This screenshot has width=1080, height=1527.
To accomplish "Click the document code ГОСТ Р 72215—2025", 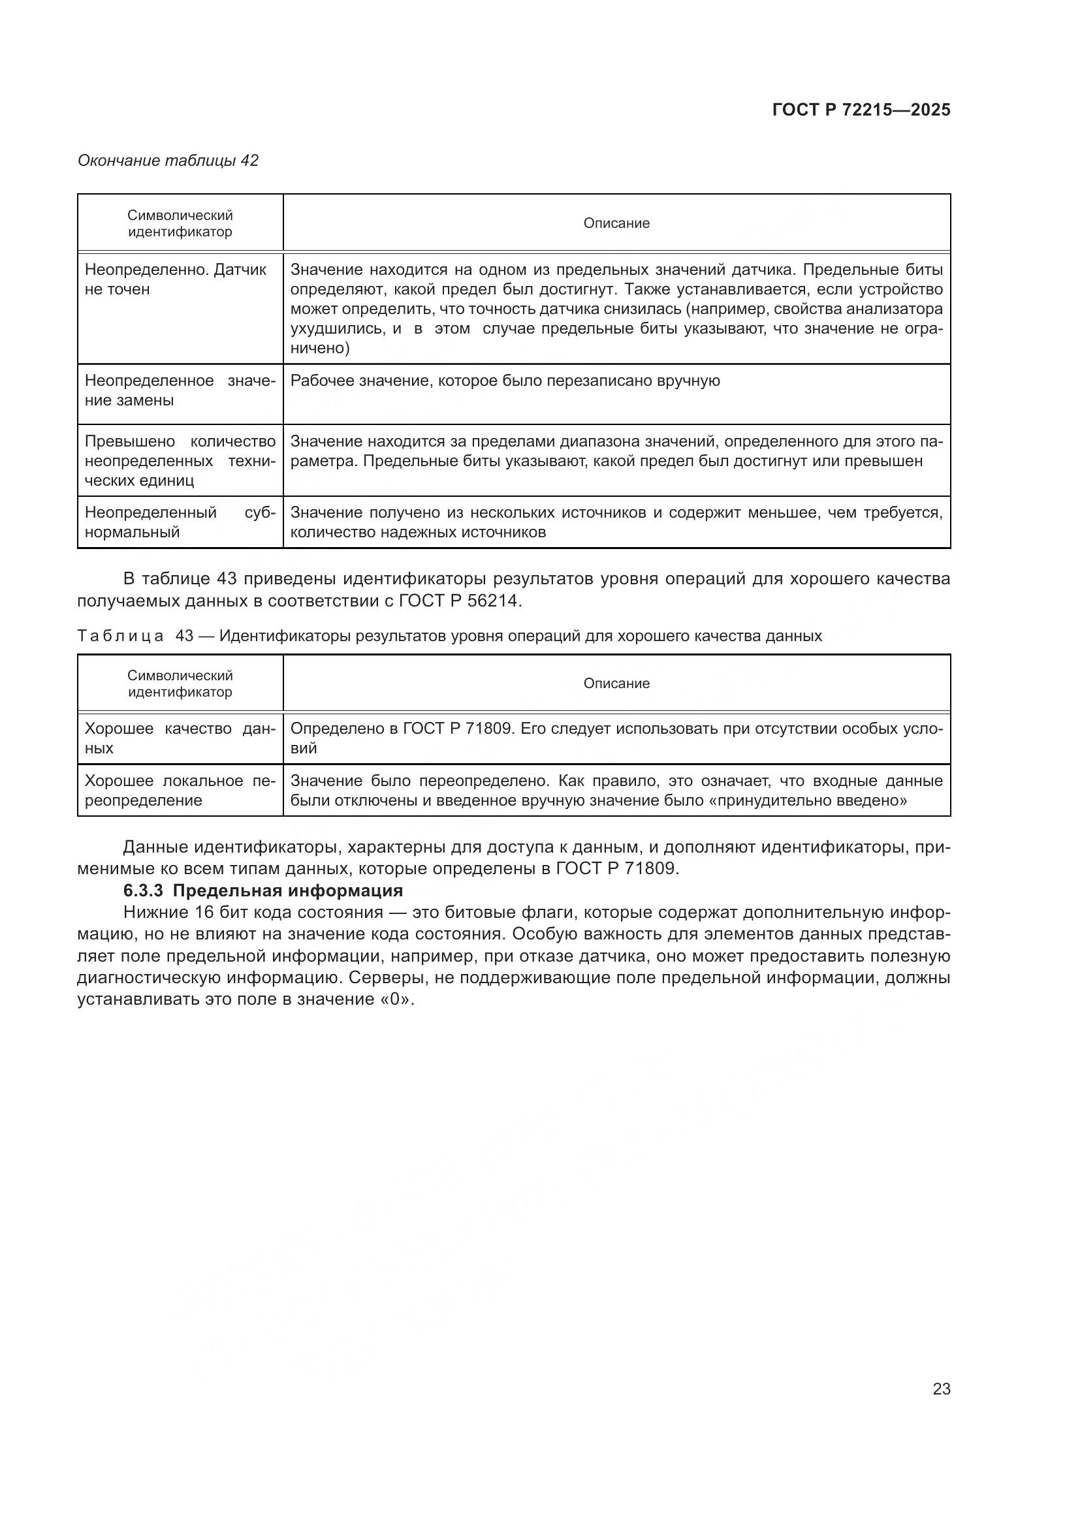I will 861,110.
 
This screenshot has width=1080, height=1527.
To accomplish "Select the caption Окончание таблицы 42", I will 168,161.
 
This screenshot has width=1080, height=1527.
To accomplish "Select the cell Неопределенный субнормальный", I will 180,522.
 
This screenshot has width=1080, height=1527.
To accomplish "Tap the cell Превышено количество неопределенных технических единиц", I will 180,461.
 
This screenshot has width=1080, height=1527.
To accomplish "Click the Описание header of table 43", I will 616,684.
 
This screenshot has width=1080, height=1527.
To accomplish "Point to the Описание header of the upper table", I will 616,223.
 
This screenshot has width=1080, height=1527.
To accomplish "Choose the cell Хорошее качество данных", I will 180,738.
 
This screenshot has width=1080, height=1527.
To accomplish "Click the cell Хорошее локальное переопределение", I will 180,790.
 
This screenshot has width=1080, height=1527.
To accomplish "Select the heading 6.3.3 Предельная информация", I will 263,890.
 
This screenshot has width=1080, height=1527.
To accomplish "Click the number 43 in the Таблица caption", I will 184,636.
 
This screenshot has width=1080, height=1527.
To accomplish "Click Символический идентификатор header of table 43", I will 180,684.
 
